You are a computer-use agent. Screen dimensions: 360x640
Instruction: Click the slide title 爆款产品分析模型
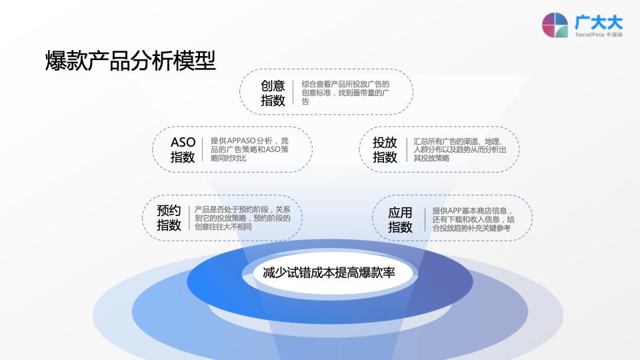(x=131, y=61)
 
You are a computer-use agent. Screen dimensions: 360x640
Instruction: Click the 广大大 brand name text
(x=599, y=21)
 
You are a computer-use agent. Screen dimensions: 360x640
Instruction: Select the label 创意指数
(x=273, y=93)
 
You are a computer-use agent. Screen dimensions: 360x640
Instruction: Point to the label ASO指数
(x=183, y=150)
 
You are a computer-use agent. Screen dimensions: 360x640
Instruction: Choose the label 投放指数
(x=385, y=150)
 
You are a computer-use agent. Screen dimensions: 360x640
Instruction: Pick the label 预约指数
(x=169, y=218)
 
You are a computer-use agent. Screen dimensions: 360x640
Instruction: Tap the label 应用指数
(x=401, y=220)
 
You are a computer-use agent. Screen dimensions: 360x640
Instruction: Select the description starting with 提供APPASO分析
(x=250, y=149)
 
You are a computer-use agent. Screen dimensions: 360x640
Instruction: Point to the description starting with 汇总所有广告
(x=459, y=149)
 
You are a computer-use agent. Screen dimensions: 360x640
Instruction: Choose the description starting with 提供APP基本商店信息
(x=473, y=219)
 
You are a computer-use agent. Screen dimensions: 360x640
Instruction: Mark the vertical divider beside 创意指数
(x=294, y=93)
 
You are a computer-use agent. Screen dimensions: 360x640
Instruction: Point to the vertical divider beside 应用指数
(x=423, y=219)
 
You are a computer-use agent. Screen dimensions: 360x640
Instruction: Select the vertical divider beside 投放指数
(x=406, y=149)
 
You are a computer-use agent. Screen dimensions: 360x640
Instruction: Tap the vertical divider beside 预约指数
(x=189, y=217)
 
